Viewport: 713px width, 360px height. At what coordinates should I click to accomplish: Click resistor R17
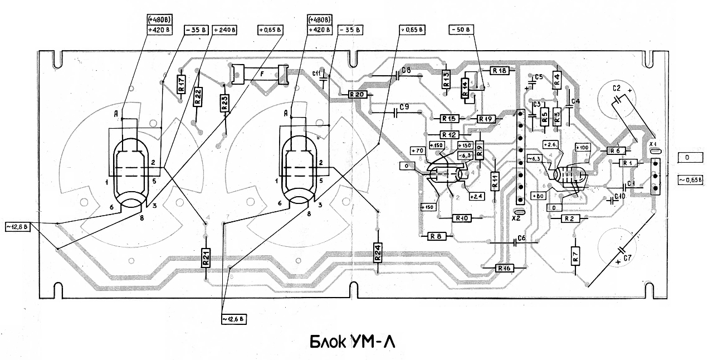tap(180, 85)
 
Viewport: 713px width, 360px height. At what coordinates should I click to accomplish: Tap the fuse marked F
tap(259, 74)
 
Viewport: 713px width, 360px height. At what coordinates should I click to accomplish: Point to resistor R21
tap(206, 257)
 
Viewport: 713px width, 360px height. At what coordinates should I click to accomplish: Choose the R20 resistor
tap(356, 95)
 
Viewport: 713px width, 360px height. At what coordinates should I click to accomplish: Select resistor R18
tap(499, 71)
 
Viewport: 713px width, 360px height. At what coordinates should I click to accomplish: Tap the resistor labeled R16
tap(505, 268)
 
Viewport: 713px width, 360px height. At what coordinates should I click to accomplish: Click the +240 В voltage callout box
tap(224, 30)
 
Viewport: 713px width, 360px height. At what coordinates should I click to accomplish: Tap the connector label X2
tap(516, 220)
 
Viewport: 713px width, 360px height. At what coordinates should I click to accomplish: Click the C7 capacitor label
tap(627, 258)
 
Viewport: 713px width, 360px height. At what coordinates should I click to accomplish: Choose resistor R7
tap(574, 257)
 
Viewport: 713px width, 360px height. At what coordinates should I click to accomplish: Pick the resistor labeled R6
tap(614, 150)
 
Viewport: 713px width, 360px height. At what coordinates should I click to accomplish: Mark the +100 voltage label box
tap(582, 148)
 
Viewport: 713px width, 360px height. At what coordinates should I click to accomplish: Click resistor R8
tap(436, 236)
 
